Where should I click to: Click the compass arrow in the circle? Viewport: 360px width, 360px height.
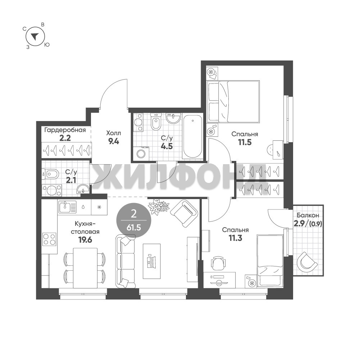pyautogui.click(x=35, y=36)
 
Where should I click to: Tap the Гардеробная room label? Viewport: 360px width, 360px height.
pyautogui.click(x=65, y=130)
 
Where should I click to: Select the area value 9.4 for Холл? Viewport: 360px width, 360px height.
pyautogui.click(x=114, y=141)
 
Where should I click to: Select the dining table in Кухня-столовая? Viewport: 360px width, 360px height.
pyautogui.click(x=85, y=268)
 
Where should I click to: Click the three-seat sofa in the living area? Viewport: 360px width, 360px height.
pyautogui.click(x=126, y=261)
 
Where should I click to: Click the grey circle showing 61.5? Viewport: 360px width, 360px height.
pyautogui.click(x=134, y=221)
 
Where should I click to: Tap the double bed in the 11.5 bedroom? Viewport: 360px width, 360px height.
pyautogui.click(x=233, y=101)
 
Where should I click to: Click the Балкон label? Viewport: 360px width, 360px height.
pyautogui.click(x=307, y=215)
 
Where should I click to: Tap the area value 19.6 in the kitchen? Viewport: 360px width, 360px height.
pyautogui.click(x=85, y=240)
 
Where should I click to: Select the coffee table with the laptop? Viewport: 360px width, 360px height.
pyautogui.click(x=152, y=261)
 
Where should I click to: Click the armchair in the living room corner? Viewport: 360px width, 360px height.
pyautogui.click(x=184, y=213)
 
